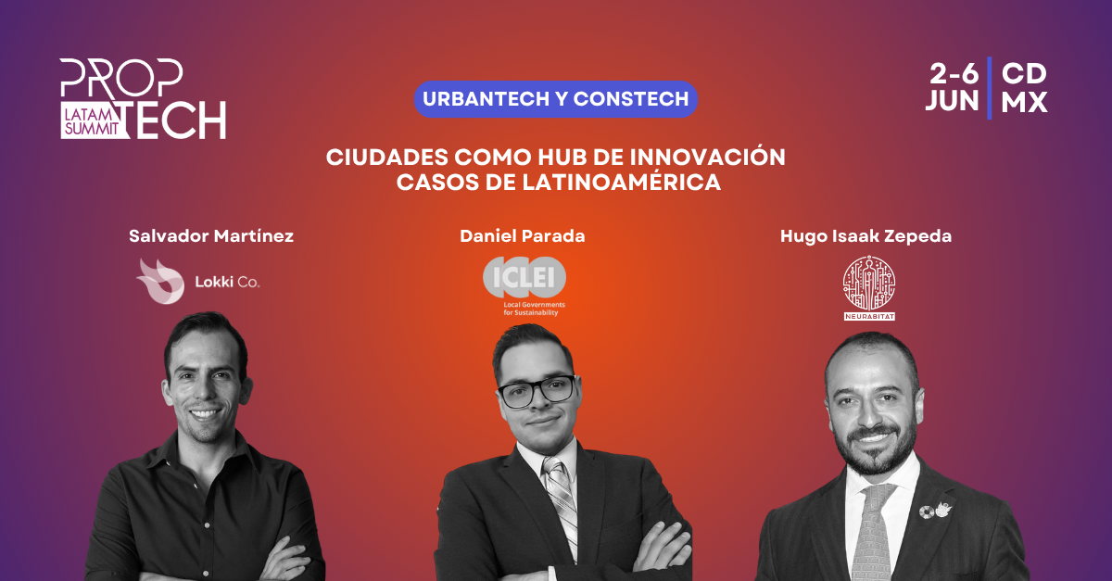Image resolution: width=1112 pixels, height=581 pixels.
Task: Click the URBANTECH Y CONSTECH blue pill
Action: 555,99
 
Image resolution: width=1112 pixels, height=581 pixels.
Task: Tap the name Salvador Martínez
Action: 211,236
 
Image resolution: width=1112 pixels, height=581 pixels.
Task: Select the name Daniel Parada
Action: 523,236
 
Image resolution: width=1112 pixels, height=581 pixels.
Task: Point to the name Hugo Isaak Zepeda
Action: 866,236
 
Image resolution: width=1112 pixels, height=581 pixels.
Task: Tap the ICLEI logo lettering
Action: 524,277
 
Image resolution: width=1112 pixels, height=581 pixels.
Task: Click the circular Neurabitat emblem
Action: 869,283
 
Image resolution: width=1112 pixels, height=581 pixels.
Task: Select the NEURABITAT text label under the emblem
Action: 869,316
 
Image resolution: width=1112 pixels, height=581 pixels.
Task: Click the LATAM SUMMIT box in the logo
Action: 92,120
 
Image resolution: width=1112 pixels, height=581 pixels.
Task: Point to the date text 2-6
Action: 954,74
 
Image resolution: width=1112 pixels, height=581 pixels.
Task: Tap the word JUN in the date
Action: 953,101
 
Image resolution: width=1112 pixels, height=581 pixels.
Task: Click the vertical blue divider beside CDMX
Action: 990,88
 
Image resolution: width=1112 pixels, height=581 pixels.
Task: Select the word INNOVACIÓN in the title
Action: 708,158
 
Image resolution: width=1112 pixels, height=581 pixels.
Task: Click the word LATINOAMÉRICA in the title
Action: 621,182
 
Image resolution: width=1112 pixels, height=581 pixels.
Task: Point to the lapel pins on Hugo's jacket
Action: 935,511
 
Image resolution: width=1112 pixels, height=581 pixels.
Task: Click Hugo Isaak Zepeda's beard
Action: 876,446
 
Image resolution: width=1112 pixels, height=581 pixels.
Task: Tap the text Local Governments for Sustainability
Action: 534,309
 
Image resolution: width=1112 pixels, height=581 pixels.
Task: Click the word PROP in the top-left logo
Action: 121,78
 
